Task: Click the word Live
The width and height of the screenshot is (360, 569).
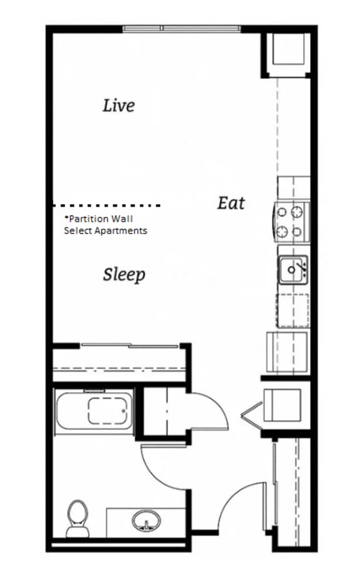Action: point(119,105)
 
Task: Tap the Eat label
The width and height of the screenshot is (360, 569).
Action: point(231,203)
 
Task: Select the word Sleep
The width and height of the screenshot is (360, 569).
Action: point(124,274)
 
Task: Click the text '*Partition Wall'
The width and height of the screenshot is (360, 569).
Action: point(99,219)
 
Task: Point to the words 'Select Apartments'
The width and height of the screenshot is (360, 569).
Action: point(106,231)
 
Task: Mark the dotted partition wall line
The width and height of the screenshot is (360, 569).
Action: point(107,205)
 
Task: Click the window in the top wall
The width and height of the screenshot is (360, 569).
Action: point(182,29)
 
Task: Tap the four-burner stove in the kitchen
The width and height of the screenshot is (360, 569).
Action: point(291,222)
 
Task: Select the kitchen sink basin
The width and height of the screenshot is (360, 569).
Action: point(291,269)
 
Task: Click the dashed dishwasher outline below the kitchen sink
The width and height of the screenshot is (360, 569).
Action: point(292,310)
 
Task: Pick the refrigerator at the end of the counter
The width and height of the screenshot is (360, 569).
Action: point(287,351)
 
